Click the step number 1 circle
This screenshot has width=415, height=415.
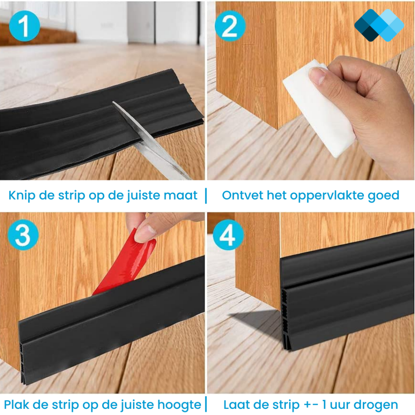coord(24,26)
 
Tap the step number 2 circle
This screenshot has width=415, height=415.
coord(230,26)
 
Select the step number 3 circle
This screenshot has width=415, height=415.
coord(23,235)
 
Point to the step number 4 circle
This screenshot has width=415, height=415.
coord(229,235)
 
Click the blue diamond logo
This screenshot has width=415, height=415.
coord(379,25)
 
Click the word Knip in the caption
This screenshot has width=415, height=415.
coord(22,195)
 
